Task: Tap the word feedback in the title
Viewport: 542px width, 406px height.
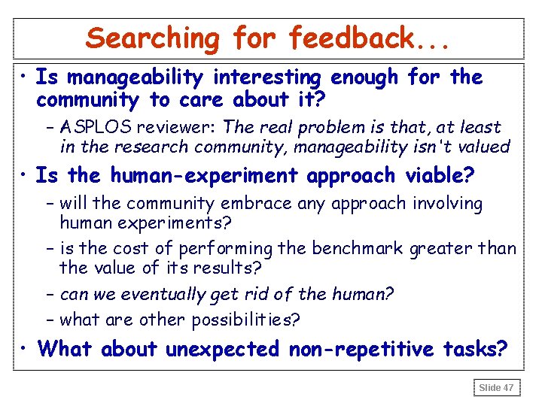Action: click(352, 38)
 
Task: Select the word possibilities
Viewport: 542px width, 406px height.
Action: click(245, 320)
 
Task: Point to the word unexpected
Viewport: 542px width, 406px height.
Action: click(222, 350)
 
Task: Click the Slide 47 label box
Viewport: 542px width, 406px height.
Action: click(496, 387)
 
